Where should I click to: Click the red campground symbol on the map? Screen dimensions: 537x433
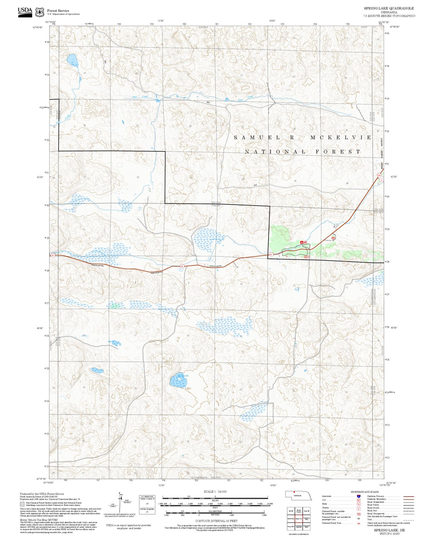pos(302,243)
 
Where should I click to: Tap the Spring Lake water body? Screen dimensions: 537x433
pos(178,381)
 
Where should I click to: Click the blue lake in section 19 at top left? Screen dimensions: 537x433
pos(72,60)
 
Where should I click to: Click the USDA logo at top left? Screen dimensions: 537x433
pos(25,12)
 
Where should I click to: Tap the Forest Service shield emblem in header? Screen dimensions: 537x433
pos(40,12)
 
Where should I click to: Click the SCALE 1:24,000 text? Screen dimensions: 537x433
pos(215,491)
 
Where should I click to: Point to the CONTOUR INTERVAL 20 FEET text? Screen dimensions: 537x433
pos(216,521)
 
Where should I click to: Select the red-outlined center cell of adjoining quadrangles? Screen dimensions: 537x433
pos(298,519)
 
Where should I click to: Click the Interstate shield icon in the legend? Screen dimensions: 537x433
pos(358,496)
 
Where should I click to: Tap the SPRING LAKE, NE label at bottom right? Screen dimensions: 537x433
pos(389,530)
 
